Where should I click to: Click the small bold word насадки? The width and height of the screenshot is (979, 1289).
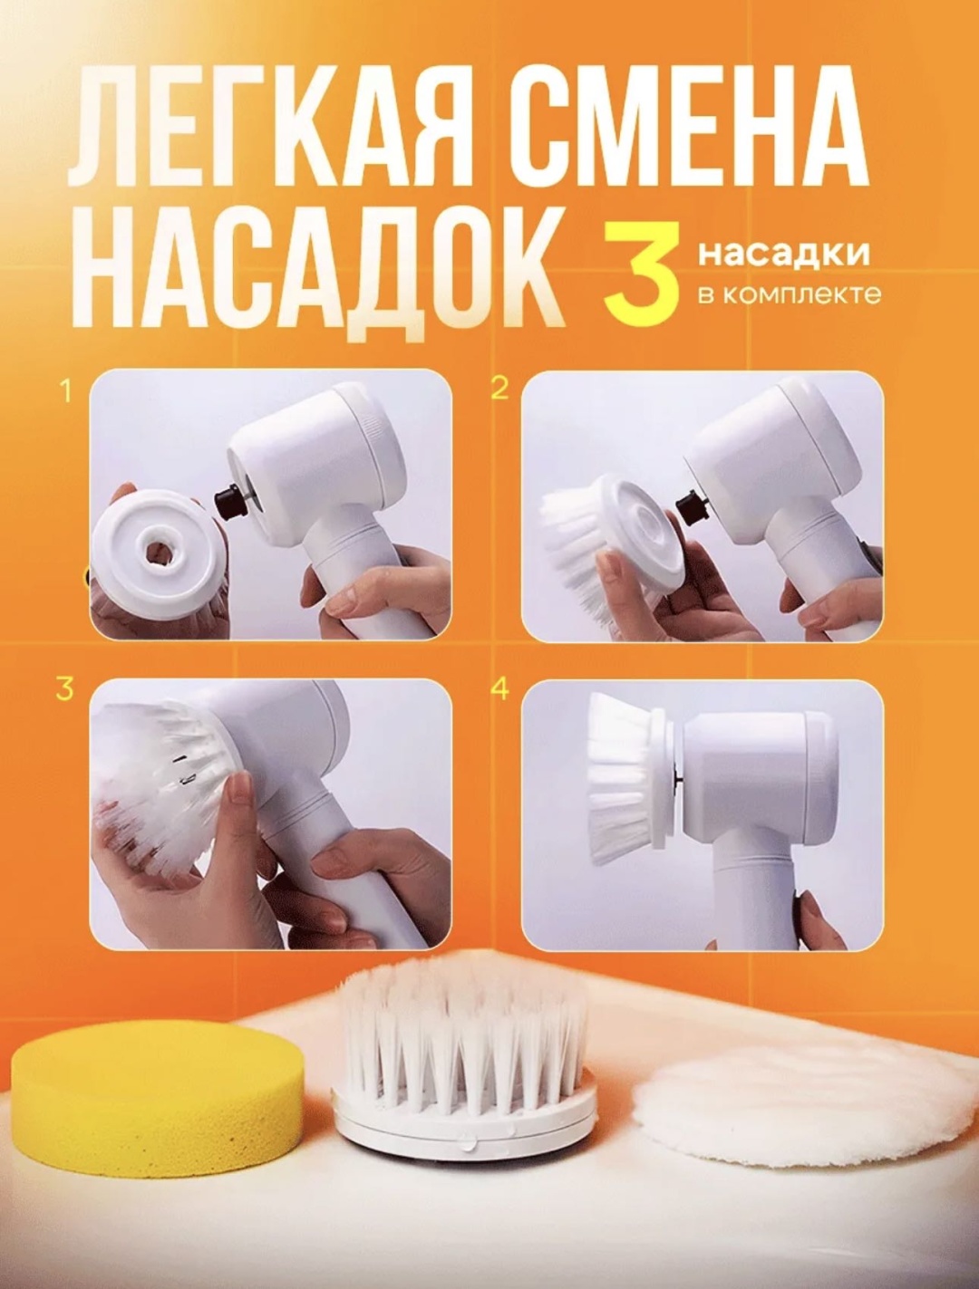[783, 255]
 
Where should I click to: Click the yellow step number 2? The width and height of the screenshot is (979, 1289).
[499, 389]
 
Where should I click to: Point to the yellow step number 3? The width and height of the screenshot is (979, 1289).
[64, 688]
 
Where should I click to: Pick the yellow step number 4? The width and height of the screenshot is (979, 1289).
[500, 688]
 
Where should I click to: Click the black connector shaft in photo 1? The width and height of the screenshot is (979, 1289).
[229, 500]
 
